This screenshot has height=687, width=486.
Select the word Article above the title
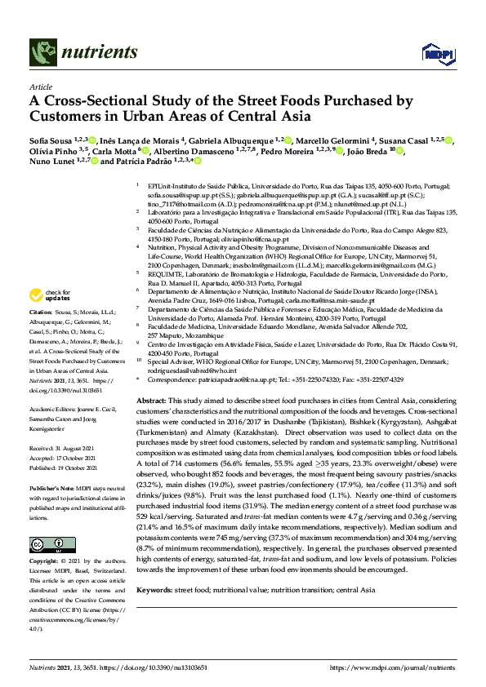[x=41, y=86]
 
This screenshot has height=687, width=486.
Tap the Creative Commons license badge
[x=47, y=544]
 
